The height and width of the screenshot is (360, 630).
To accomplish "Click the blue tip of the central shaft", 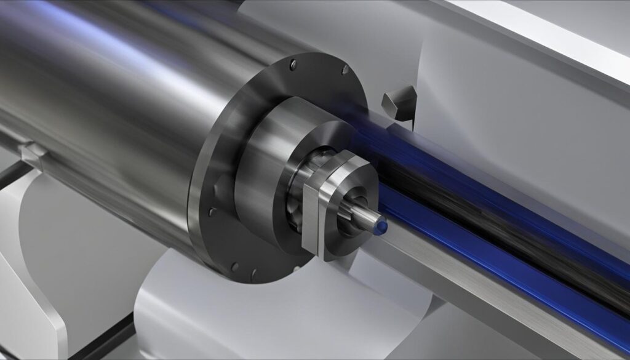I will [x=381, y=228].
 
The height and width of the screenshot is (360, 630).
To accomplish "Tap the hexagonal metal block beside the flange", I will [x=397, y=102].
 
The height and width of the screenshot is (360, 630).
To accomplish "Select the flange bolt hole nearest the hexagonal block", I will [x=345, y=69].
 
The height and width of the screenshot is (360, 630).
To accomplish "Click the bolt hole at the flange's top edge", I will [x=292, y=62].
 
